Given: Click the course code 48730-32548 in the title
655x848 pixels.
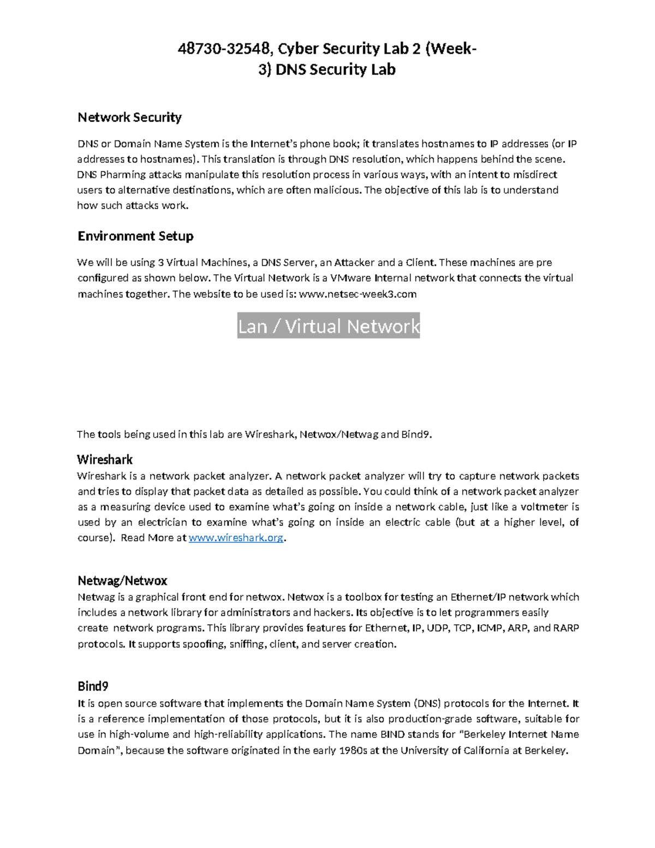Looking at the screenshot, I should point(224,49).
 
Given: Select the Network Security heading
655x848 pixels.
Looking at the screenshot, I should point(129,117).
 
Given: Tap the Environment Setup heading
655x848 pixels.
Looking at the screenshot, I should point(135,236).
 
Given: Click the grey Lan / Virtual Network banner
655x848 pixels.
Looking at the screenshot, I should point(329,326).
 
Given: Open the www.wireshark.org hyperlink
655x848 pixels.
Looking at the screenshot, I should point(236,538).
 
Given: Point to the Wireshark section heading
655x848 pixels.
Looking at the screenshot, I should point(105,459).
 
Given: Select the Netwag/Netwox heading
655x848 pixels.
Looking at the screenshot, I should point(122,580).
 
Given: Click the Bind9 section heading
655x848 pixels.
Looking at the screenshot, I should point(93,686).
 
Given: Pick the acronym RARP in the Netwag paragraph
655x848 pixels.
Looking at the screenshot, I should point(566,628).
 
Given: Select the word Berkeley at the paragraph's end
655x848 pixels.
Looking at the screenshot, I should point(546,750).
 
